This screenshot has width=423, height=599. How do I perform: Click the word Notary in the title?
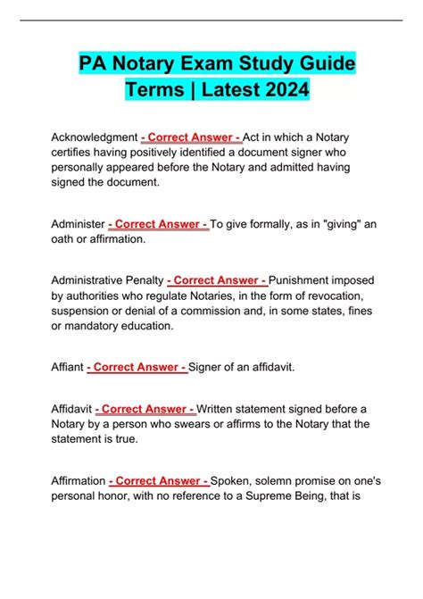pyautogui.click(x=145, y=65)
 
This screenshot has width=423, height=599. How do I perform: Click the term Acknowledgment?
pyautogui.click(x=94, y=137)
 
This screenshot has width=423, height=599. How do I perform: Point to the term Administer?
pyautogui.click(x=77, y=224)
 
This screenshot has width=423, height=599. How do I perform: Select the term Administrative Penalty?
pyautogui.click(x=107, y=280)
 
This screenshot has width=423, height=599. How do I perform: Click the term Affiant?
pyautogui.click(x=69, y=367)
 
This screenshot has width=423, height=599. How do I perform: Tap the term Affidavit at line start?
pyautogui.click(x=72, y=410)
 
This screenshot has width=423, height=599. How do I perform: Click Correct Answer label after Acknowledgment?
pyautogui.click(x=191, y=137)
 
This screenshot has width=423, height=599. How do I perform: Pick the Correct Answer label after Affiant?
pyautogui.click(x=138, y=367)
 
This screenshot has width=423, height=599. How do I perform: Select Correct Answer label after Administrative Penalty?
pyautogui.click(x=217, y=280)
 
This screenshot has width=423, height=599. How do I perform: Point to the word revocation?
pyautogui.click(x=333, y=295)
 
